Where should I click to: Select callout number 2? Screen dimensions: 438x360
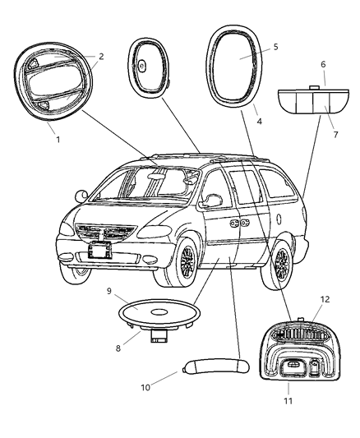coord(101,57)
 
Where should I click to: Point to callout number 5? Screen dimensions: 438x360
coord(275,47)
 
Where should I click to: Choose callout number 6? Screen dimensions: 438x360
coord(323,64)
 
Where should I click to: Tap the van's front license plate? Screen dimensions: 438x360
coord(101,249)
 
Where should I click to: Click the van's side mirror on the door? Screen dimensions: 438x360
coord(212,201)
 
